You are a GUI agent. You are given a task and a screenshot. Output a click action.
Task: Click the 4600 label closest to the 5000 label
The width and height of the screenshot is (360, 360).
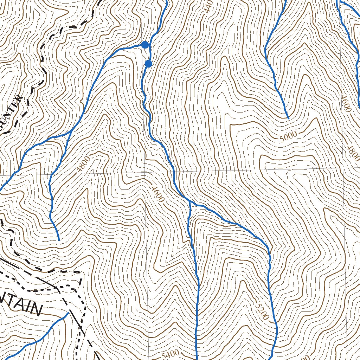coord(346,103)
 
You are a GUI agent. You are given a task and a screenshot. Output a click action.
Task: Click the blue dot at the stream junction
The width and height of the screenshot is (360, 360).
coord(145,45)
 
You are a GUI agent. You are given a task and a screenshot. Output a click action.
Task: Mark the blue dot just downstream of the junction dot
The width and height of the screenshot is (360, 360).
coord(148,64)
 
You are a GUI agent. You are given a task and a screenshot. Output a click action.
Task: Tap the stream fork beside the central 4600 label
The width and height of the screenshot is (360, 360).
coord(189,201)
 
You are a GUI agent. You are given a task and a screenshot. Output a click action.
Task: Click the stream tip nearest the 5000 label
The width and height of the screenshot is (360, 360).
coord(288,118)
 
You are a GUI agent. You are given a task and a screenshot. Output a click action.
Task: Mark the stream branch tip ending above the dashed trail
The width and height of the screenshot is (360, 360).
coord(58,240)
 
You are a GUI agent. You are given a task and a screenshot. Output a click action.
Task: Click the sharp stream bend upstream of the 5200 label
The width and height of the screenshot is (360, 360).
coord(268,246)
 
